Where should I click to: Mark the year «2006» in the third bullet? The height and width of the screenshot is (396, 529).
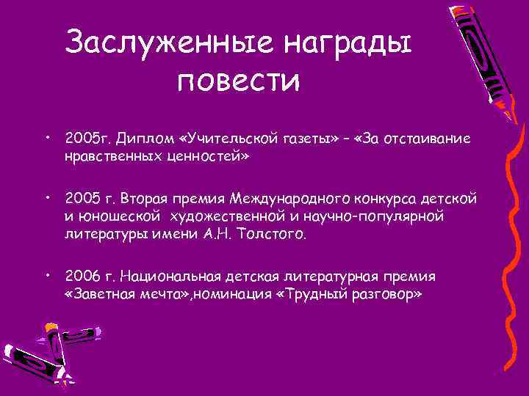click(79, 276)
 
